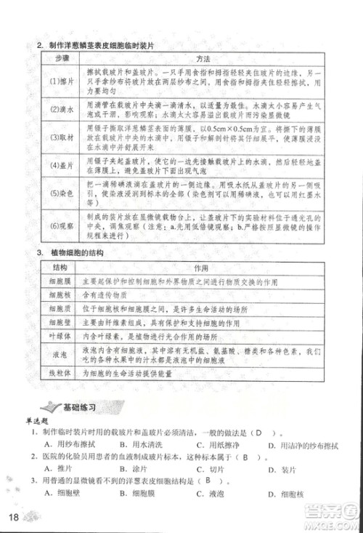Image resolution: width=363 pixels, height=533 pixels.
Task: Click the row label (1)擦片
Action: (x=58, y=81)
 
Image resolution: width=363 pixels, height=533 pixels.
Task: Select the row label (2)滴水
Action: (x=58, y=110)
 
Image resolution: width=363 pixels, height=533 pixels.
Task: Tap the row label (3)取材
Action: (x=58, y=137)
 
